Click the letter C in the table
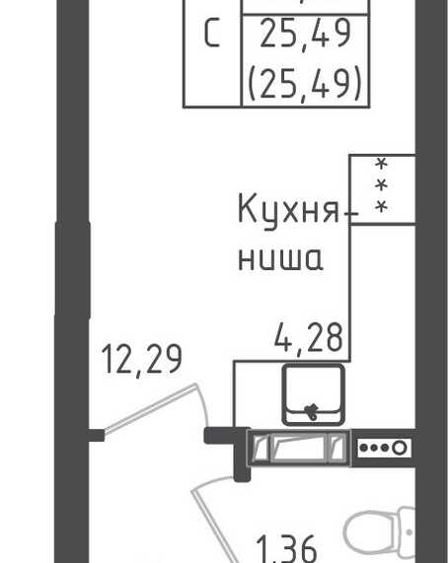coord(212,34)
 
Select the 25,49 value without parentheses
coord(305,34)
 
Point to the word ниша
coord(280,258)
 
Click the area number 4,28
coord(309,337)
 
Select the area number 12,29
coord(142,359)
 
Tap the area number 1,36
coord(287,549)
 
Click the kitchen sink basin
coord(313,394)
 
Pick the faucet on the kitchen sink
coord(311,411)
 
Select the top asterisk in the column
coord(382,164)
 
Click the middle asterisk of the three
coord(382,185)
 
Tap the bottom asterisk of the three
coord(382,207)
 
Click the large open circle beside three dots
coord(400,448)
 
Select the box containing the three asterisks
coord(383,189)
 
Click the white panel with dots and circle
coord(385,448)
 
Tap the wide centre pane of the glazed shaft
coord(299,448)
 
